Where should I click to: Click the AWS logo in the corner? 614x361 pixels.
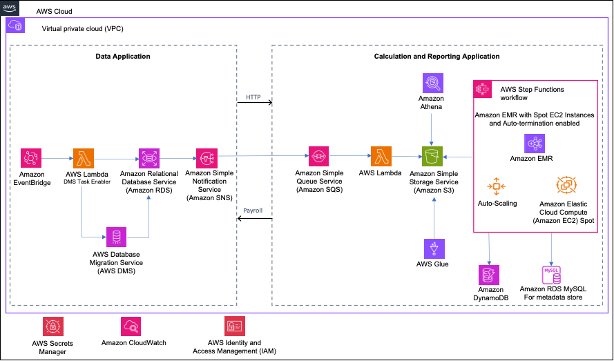(x=10, y=7)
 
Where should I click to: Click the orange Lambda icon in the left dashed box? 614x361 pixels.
(x=84, y=158)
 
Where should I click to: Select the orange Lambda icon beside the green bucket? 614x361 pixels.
(x=381, y=157)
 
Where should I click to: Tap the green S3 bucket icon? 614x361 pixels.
(x=432, y=157)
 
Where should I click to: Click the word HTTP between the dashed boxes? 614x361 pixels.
(x=253, y=97)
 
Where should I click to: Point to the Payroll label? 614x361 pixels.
(x=253, y=211)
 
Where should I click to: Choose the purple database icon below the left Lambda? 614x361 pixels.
(x=116, y=237)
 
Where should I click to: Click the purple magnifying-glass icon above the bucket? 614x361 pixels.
(x=433, y=83)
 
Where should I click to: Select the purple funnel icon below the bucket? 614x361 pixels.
(x=434, y=248)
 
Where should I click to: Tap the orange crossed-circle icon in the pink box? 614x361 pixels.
(x=566, y=185)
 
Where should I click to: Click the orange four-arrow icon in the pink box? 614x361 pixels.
(x=497, y=186)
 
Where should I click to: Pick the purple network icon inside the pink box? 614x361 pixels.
(x=535, y=144)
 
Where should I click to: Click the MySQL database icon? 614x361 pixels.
(x=551, y=275)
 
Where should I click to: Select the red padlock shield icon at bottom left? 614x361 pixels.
(x=53, y=326)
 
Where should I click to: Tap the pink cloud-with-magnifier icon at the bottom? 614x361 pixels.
(x=131, y=326)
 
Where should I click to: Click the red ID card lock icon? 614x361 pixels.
(x=235, y=326)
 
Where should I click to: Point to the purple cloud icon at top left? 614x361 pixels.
(x=15, y=26)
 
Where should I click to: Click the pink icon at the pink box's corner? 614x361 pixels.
(x=483, y=89)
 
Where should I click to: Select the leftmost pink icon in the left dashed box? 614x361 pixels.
(x=31, y=158)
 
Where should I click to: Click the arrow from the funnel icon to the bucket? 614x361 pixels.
(x=434, y=217)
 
